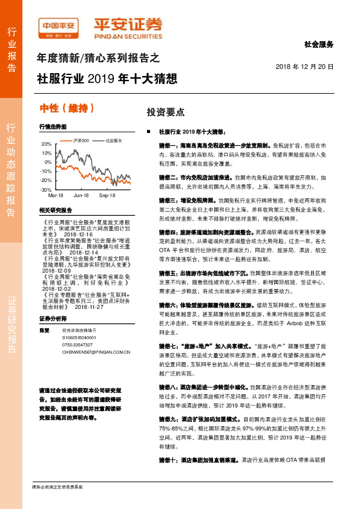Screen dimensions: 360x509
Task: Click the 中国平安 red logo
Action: tap(59, 27)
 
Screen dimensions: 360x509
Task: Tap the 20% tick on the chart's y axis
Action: tap(47, 144)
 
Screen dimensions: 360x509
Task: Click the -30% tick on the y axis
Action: tap(46, 190)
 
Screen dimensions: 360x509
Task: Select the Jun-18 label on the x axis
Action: tap(81, 196)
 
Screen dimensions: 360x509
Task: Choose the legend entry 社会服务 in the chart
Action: tap(114, 140)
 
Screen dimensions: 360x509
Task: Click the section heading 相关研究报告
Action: tap(55, 210)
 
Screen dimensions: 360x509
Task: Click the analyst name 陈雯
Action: tap(44, 330)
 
